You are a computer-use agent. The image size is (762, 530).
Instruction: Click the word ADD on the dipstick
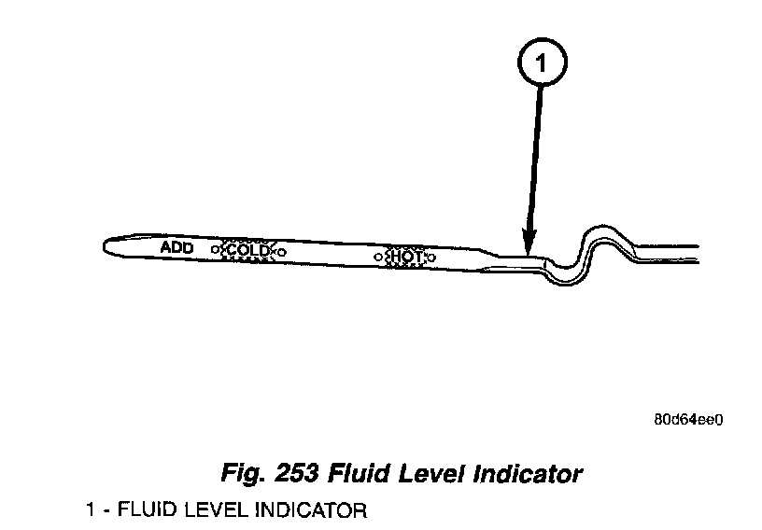[x=176, y=247]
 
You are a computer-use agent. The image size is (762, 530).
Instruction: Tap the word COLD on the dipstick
[x=248, y=250]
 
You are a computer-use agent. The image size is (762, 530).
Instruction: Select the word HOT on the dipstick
[x=407, y=255]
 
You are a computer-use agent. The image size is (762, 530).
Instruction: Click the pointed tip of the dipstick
[x=106, y=245]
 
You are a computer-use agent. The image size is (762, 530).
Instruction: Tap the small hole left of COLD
[x=214, y=250]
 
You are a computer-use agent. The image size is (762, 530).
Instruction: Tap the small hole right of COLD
[x=282, y=251]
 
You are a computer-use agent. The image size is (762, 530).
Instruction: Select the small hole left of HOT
[x=377, y=255]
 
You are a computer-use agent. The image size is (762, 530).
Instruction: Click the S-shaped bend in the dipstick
[x=593, y=252]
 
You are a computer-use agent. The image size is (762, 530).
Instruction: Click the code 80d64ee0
[x=689, y=419]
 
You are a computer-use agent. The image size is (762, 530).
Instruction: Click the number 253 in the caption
[x=296, y=473]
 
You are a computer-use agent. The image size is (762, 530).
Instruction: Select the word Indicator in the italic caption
[x=529, y=473]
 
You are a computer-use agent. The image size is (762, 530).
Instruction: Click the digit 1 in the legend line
[x=89, y=510]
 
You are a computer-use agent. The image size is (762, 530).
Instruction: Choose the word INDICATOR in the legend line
[x=307, y=510]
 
